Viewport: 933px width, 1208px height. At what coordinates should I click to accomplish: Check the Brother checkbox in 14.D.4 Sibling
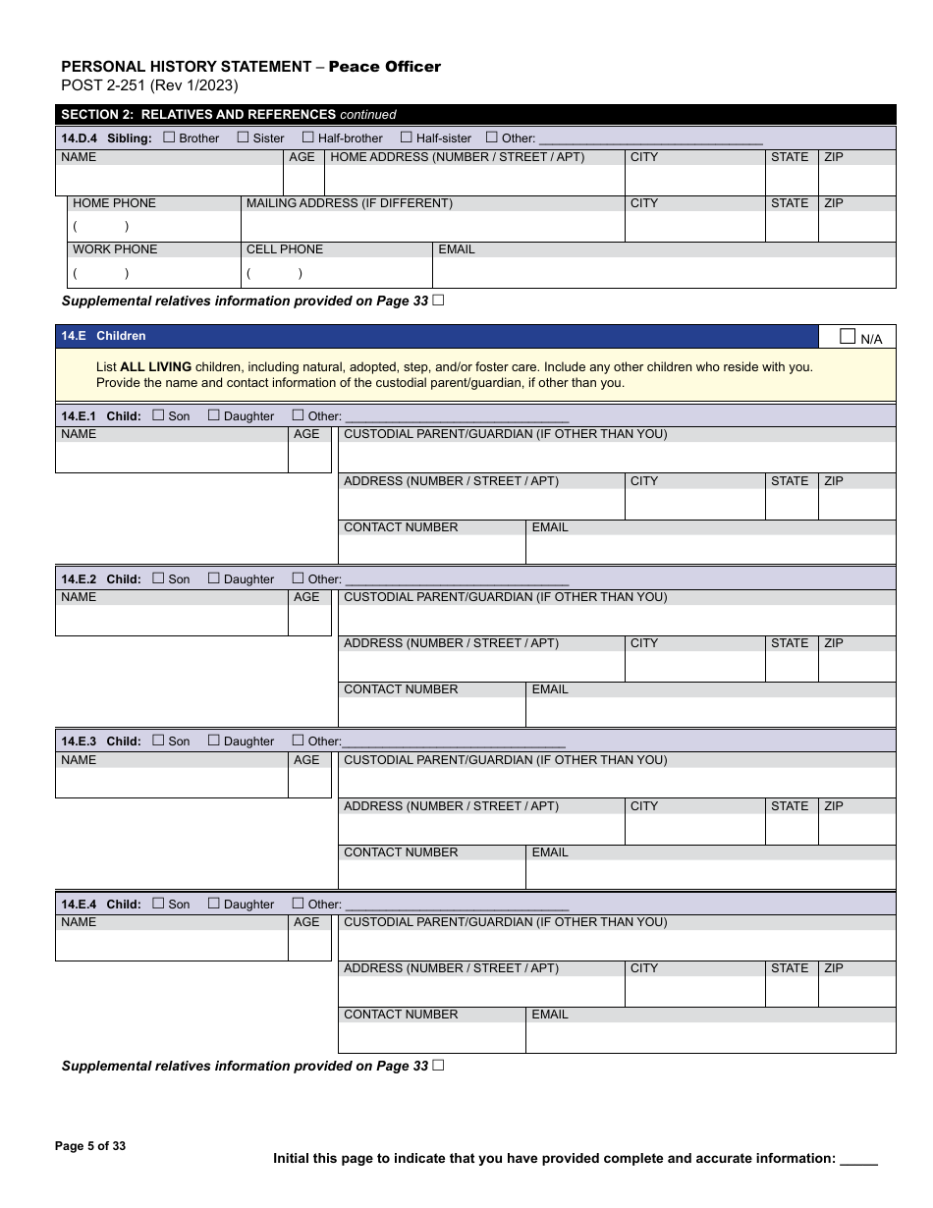169,137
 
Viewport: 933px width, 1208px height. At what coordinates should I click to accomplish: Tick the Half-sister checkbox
406,137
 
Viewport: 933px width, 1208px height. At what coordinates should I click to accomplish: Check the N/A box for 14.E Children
848,337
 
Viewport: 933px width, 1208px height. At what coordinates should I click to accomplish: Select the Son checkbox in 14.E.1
159,415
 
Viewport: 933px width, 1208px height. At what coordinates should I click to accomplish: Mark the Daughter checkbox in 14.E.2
214,578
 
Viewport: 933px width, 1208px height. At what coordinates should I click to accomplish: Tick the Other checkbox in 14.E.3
298,741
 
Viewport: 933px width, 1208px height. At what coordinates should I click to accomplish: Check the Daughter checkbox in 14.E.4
214,904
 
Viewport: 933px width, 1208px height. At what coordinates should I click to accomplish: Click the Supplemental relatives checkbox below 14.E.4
438,1066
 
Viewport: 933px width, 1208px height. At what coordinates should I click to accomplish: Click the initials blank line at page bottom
858,1160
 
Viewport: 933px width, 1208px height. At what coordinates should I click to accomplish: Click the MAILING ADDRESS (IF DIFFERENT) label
350,203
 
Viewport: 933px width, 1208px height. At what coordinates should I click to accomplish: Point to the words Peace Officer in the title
384,67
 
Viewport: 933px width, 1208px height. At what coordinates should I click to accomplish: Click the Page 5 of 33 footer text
90,1146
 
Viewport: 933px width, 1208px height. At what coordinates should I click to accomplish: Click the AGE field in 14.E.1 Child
309,457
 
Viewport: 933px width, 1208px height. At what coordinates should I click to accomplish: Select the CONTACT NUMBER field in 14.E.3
431,874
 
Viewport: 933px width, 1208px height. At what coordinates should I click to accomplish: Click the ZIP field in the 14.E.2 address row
856,666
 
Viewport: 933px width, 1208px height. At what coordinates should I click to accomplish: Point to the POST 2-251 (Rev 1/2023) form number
149,85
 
